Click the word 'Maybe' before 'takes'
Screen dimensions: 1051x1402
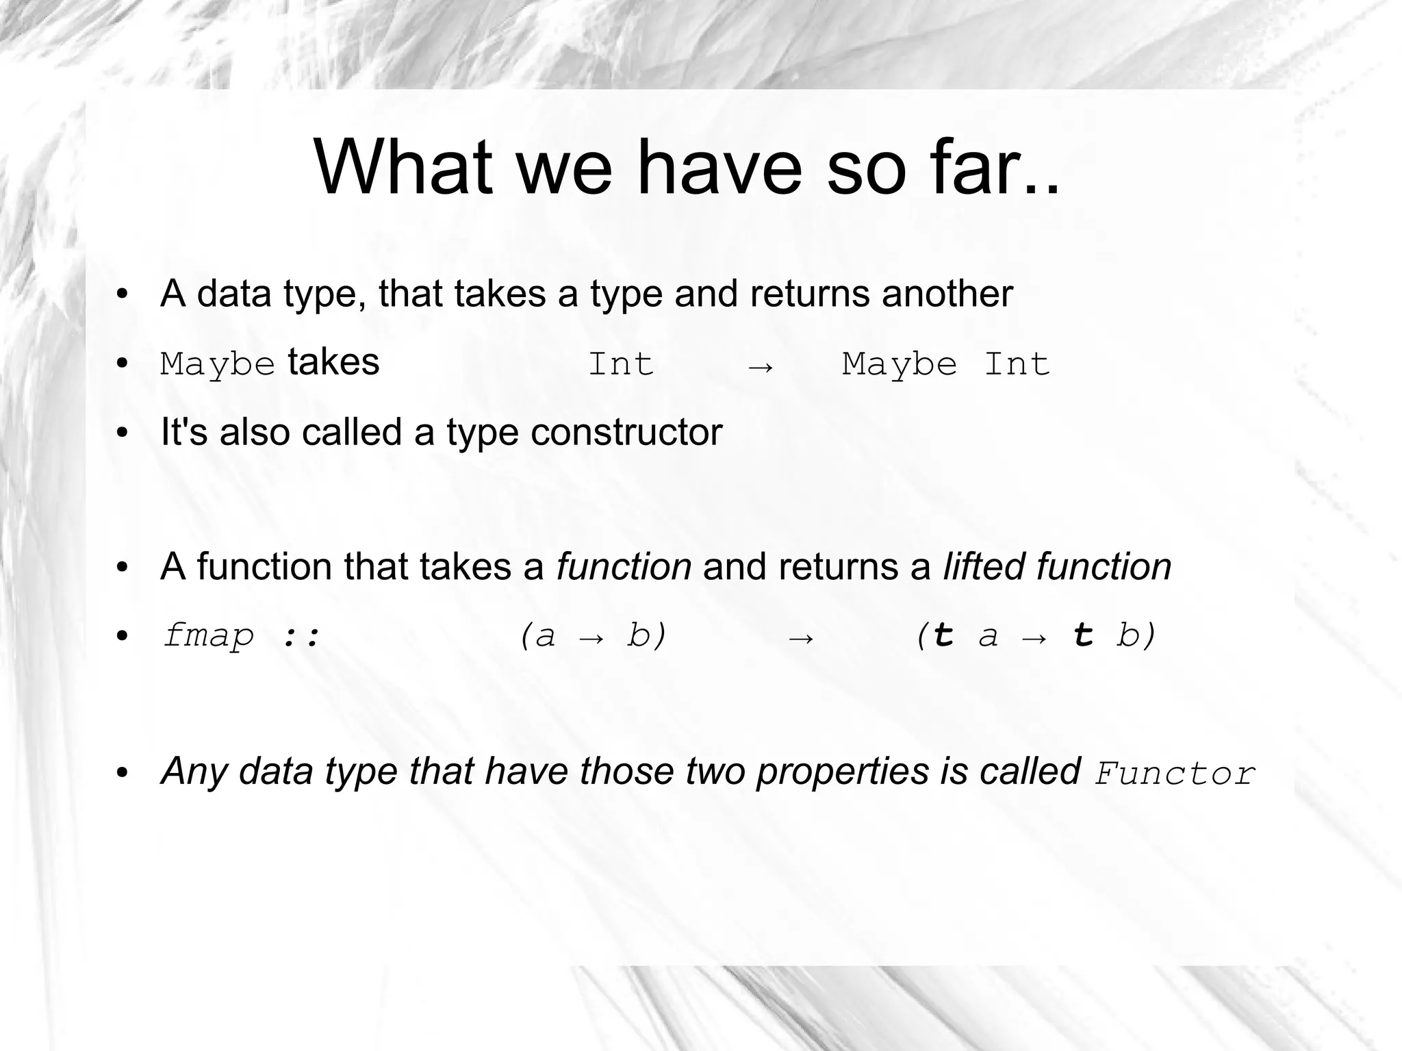point(217,364)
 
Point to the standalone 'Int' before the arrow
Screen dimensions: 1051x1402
point(621,364)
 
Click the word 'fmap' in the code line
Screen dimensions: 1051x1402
point(208,636)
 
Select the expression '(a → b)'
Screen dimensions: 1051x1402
point(593,636)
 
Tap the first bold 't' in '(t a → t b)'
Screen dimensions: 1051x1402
point(943,636)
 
